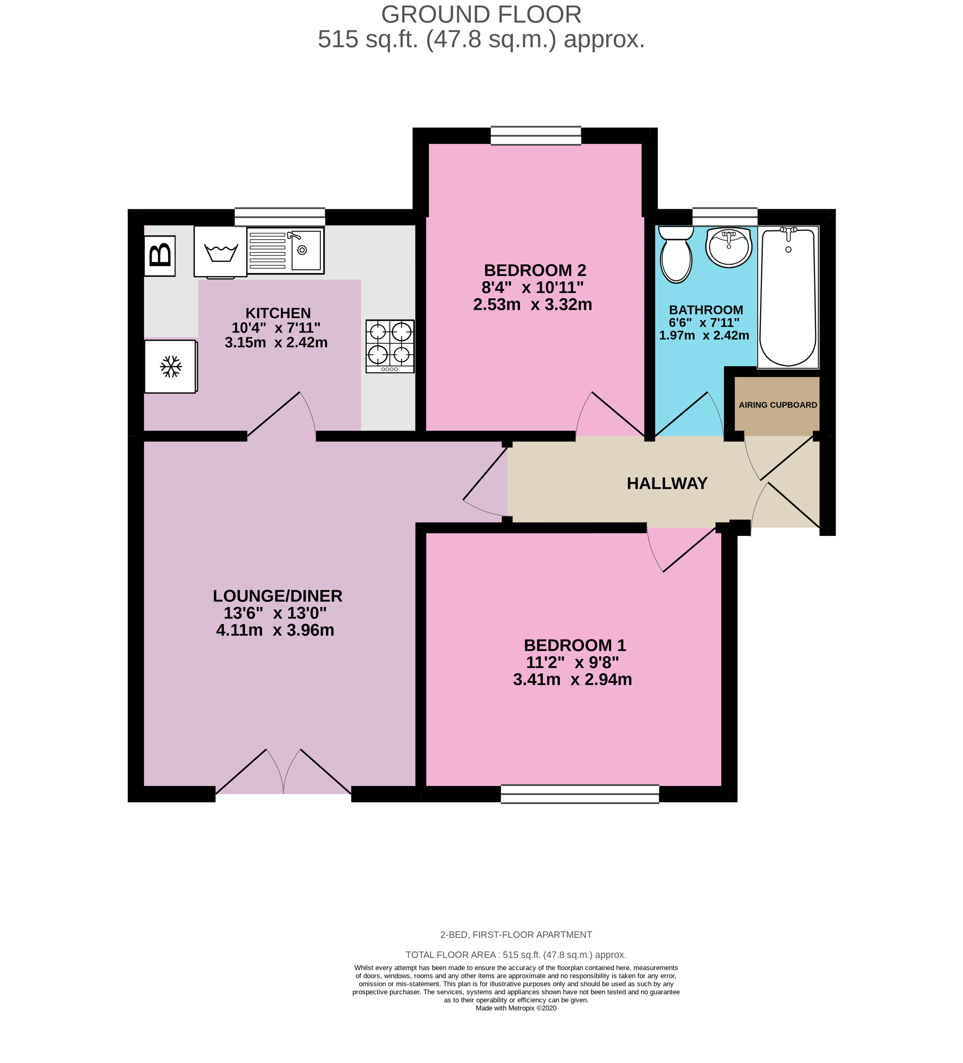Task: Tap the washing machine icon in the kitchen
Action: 220,252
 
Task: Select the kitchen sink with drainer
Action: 285,250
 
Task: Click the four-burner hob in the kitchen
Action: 390,346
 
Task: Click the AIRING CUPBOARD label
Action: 777,405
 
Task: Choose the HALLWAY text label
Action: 667,483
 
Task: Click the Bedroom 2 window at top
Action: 535,135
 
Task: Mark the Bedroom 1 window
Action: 580,794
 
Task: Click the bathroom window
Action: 725,216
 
